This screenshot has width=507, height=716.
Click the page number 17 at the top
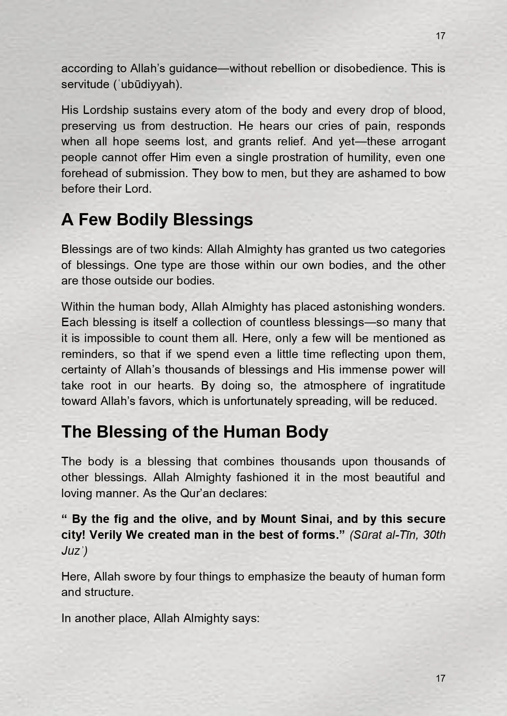coord(440,36)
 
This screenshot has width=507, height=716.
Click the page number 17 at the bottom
coord(440,678)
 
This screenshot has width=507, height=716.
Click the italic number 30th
coord(434,535)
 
